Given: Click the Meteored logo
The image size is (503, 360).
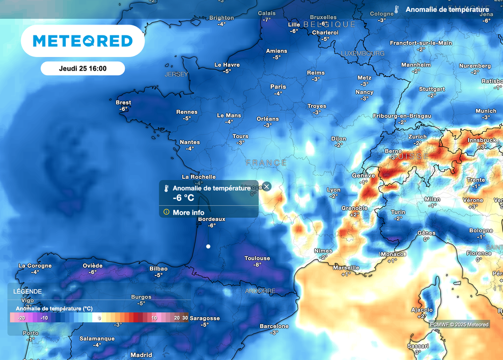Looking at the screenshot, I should coord(83,41).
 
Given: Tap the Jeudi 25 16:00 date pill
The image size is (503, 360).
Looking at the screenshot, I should coord(83,69).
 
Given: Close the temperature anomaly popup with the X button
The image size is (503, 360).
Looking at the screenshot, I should coord(266,186).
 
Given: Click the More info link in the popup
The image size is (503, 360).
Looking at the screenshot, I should coord(188,213).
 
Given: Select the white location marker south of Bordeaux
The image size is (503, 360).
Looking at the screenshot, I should coord(208,246).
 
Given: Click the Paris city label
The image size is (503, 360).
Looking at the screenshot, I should coord(278,86).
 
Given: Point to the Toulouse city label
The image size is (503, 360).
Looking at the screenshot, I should coord(257,258).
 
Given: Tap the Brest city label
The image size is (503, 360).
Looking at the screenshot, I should coord(123,103).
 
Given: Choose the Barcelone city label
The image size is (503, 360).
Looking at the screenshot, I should coord(274,326).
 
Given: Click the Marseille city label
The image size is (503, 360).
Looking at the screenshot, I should coord(346,268).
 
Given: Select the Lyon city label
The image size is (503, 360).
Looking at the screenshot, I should coord(334,190).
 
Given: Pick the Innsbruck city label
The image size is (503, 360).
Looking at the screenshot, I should coord(482,140).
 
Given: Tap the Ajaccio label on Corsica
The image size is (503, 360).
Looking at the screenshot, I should coord(422,310).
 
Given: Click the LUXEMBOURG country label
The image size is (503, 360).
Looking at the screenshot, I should coord(363,53).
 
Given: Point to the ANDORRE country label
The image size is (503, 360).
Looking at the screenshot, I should coord(260,291).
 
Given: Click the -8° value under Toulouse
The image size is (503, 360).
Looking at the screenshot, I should coord(257,265).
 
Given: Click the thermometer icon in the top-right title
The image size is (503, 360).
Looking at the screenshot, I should coord(397,9).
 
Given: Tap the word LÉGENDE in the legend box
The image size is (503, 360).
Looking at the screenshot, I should coord(28,291).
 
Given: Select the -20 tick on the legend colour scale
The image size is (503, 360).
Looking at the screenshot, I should coord(22,318).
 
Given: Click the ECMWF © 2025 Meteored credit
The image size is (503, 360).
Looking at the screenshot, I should coord(459,324).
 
